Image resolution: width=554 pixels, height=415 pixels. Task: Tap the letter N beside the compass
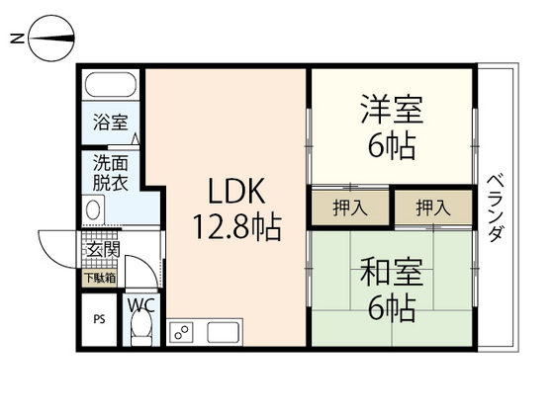click(16, 40)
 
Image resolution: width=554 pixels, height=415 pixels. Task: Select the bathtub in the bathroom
click(111, 86)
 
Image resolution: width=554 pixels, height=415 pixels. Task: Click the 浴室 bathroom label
click(110, 123)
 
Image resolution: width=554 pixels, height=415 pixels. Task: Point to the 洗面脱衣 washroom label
click(110, 173)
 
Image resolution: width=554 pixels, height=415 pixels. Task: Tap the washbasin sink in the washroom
click(94, 209)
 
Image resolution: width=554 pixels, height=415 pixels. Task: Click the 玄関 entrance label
click(102, 250)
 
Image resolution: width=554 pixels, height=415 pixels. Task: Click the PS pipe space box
click(99, 318)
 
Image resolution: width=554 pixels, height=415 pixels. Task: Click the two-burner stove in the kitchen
click(182, 333)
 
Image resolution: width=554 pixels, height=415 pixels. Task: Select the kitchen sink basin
click(224, 333)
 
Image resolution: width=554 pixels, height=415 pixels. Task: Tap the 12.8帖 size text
click(238, 229)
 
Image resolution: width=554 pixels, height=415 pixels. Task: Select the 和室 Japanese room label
click(382, 271)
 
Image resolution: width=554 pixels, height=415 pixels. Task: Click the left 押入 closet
click(345, 207)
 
